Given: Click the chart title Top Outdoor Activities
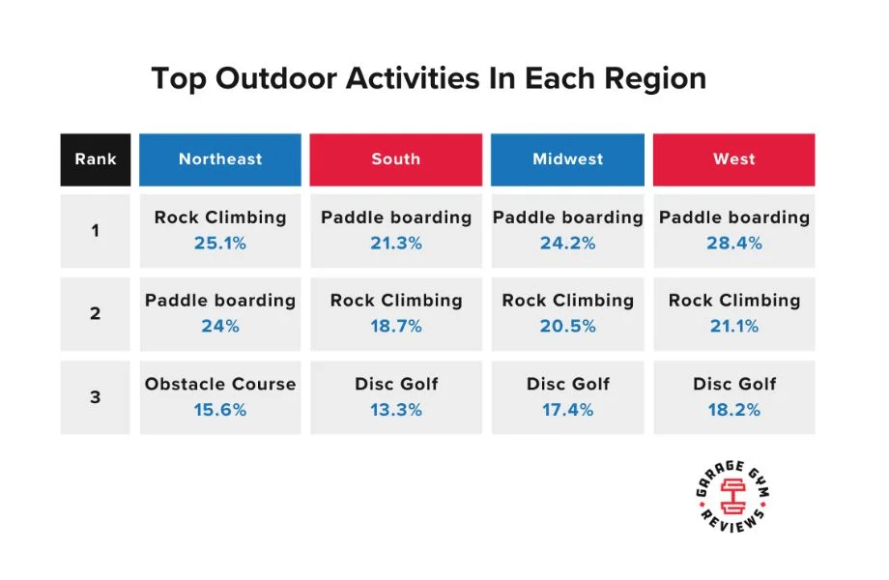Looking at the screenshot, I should coord(428,78).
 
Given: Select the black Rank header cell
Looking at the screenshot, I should coord(95,159).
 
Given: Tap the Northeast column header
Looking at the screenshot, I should coord(220,159).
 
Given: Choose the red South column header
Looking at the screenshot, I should coord(395,159).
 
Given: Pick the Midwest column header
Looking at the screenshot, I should coord(567,159).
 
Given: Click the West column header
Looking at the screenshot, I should coord(733,159).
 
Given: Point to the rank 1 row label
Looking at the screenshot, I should coord(95,231).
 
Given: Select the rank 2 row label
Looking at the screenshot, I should coord(95,313).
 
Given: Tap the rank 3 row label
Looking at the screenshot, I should coord(95,396).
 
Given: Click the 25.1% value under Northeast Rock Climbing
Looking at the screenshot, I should coord(220,244).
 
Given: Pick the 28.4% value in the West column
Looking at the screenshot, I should coord(733,244).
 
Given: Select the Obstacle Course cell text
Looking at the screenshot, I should coord(220,384).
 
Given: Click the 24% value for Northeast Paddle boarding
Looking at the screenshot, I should coord(220,327).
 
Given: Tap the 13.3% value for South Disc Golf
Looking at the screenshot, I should coord(395,410).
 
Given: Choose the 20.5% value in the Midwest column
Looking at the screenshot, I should coord(567,327).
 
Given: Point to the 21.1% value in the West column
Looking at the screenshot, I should coord(733,327).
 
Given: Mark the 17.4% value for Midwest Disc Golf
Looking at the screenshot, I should coord(567,410).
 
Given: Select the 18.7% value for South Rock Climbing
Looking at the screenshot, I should coord(395,327).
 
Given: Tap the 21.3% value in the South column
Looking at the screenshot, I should coord(395,244).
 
